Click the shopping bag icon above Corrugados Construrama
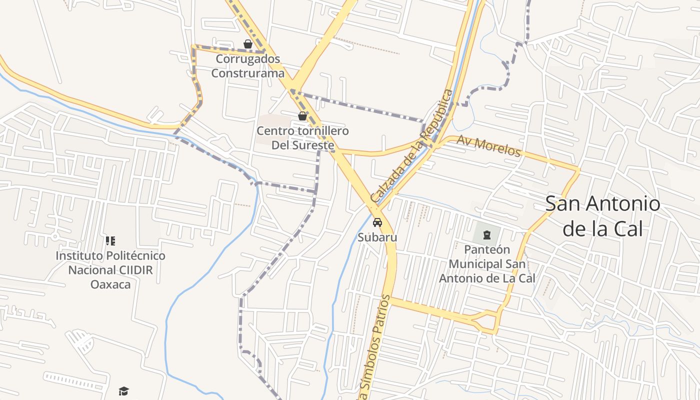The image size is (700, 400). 247,44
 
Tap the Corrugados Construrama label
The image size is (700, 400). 247,66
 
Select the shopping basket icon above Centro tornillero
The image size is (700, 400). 302,116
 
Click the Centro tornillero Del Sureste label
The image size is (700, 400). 302,138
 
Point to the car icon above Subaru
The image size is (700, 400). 377,222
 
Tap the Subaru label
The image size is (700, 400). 377,237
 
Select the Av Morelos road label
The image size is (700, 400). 488,146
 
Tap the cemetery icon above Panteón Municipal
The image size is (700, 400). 486,234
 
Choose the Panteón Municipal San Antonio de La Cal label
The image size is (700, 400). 487,263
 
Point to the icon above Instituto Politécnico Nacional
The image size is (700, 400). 110,241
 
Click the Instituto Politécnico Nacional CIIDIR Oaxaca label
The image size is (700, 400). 110,270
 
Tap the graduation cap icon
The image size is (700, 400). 124,391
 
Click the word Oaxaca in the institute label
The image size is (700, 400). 110,284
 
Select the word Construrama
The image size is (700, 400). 247,73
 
